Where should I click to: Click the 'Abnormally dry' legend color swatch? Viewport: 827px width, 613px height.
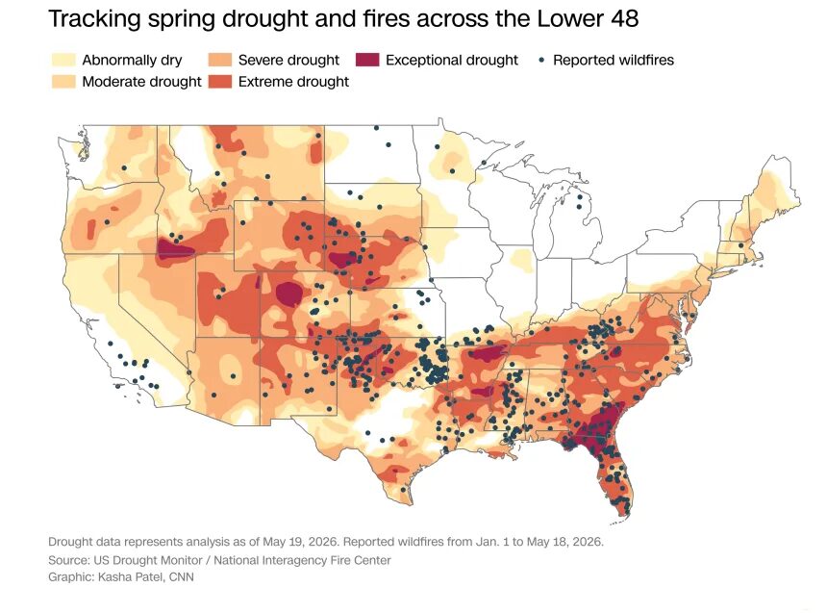[x=63, y=60]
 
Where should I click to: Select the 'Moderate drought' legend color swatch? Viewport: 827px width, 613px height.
[x=63, y=81]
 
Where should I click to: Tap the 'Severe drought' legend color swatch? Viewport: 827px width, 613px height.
[x=220, y=60]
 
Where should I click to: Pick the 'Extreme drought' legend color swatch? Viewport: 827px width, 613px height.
[x=220, y=81]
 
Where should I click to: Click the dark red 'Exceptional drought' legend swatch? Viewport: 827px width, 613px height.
[x=367, y=60]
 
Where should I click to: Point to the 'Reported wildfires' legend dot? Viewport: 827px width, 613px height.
[x=541, y=61]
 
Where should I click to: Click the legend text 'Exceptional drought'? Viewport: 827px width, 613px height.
[x=452, y=61]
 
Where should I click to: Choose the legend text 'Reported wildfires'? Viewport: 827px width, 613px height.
[x=614, y=61]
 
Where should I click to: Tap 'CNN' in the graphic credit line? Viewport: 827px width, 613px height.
[x=182, y=577]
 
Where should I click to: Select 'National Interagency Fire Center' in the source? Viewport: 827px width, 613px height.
[x=302, y=560]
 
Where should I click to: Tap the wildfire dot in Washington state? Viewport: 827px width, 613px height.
[x=124, y=167]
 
